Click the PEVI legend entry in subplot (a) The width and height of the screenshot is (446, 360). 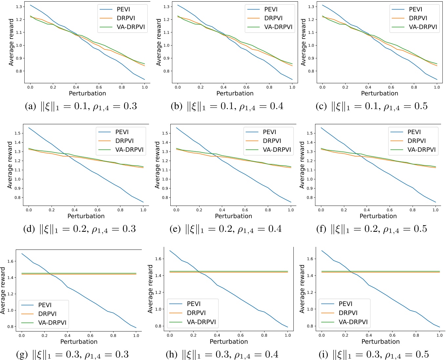[x=124, y=10]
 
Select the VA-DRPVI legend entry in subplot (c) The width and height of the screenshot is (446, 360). [x=423, y=27]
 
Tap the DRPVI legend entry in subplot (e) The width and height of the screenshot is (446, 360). [x=272, y=141]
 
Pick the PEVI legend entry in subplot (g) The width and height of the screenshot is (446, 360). [x=45, y=305]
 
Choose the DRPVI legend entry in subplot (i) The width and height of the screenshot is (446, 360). [x=348, y=313]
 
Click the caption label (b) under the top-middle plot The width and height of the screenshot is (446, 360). [x=177, y=107]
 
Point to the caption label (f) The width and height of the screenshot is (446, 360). [x=321, y=229]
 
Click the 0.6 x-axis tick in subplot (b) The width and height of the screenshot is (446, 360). [x=246, y=87]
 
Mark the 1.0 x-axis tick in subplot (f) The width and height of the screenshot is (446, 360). [x=435, y=210]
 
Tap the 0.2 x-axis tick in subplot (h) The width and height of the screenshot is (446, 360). [x=193, y=335]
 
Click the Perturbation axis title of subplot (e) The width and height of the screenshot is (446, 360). [x=233, y=216]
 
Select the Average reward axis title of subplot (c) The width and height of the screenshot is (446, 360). [x=303, y=42]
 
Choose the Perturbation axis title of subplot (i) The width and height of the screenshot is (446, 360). [x=380, y=342]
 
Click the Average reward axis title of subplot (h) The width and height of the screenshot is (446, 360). [x=150, y=289]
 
